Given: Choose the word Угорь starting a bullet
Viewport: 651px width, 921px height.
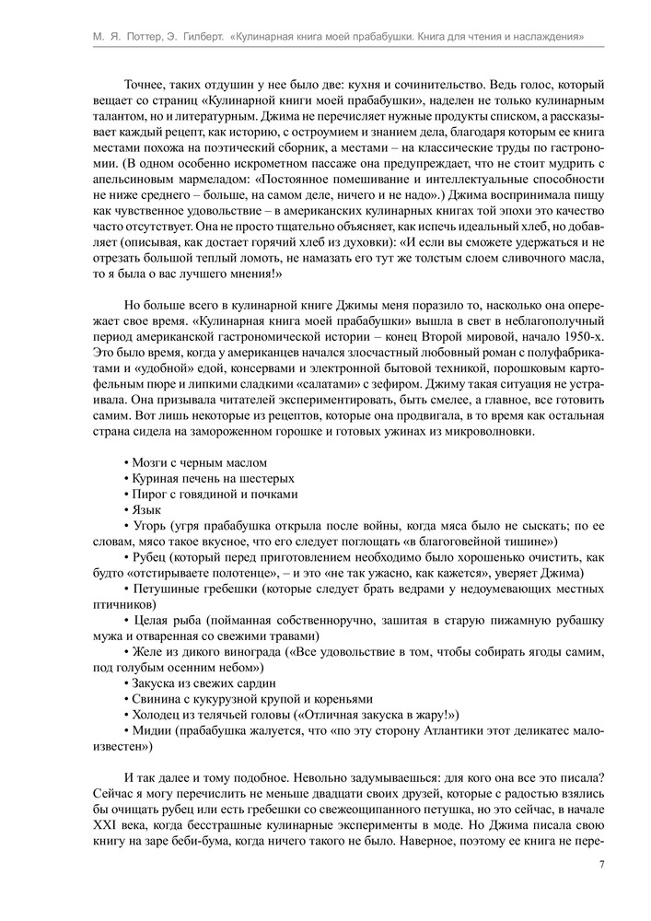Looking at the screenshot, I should (x=149, y=524).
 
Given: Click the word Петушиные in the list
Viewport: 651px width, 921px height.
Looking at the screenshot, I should (x=166, y=587).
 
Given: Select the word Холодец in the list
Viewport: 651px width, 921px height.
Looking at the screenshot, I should (x=158, y=714).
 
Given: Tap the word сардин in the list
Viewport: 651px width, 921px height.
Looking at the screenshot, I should (x=262, y=682).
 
